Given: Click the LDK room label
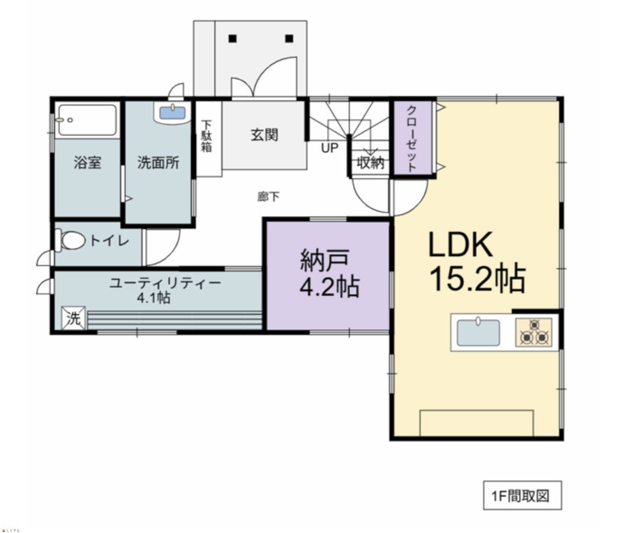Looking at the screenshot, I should [460, 245].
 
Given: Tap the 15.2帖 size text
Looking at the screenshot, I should [477, 280].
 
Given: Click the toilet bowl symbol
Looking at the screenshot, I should [72, 240].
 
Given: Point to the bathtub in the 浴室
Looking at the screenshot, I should [87, 120].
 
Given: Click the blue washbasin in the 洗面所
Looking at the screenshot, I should [172, 112].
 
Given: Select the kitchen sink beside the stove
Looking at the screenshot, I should [477, 332].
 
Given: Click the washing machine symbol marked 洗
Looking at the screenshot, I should [73, 317].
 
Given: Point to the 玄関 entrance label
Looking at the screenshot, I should [264, 135].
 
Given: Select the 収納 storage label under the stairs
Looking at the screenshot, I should [370, 162].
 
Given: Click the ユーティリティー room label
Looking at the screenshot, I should [164, 283].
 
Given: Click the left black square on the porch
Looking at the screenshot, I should [233, 39].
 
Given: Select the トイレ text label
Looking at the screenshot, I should [109, 240].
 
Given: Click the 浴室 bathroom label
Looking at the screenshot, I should [88, 163].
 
